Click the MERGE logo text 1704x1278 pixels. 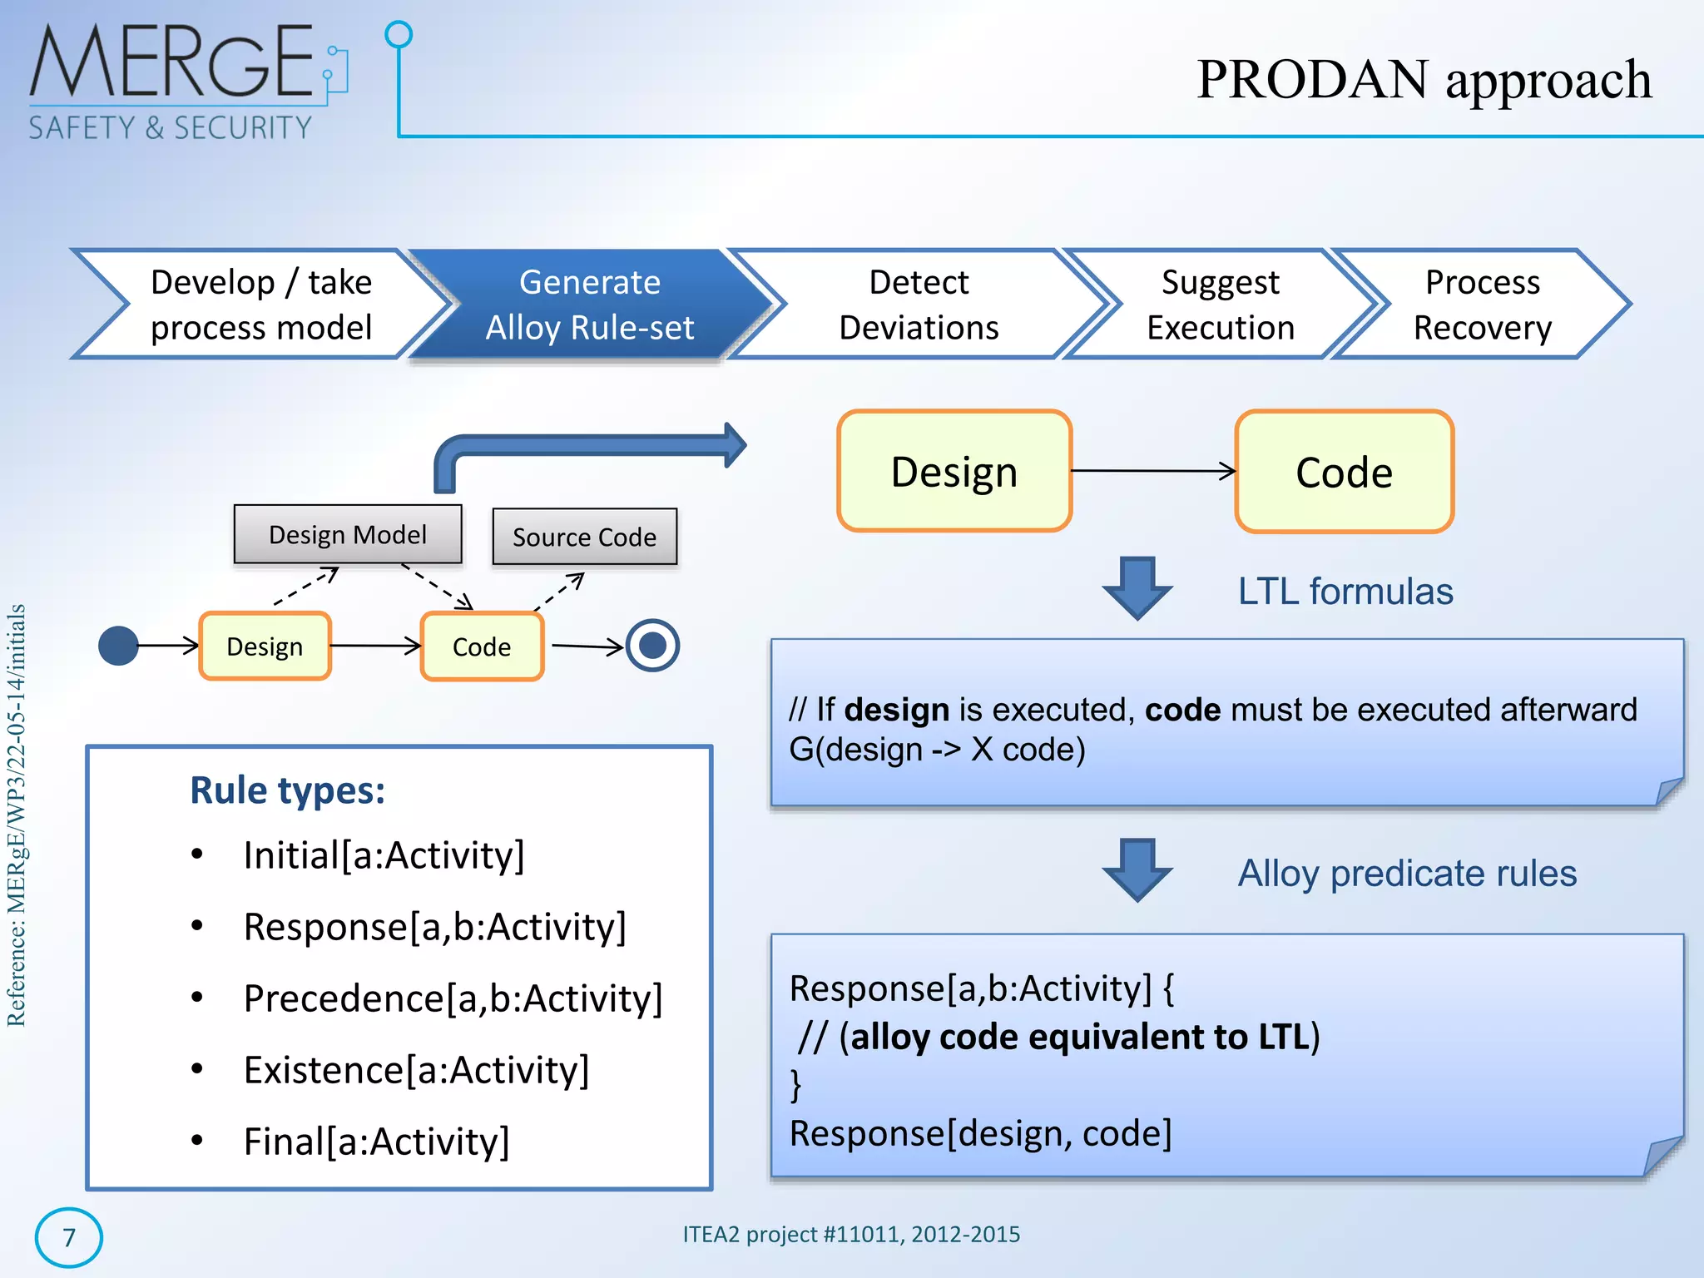coord(171,62)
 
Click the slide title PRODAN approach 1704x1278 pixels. coord(1424,80)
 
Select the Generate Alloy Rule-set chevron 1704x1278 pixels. coord(589,305)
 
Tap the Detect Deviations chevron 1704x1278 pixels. coord(919,305)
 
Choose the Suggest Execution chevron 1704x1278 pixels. coord(1220,305)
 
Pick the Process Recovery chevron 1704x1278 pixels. coord(1482,305)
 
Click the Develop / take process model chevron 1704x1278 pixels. coord(260,305)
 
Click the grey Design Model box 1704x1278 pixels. coord(348,534)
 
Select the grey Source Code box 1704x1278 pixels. coord(584,537)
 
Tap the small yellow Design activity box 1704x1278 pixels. coord(265,646)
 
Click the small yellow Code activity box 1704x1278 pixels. coord(482,646)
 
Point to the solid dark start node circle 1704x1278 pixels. coord(118,646)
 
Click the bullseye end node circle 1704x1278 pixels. coord(652,646)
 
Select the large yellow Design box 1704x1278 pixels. coord(954,472)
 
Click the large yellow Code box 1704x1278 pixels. coord(1344,472)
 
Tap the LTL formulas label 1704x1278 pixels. coord(1345,592)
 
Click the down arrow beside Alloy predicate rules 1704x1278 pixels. coord(1137,870)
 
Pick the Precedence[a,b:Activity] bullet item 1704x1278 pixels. coord(453,998)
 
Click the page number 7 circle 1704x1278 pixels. coord(69,1237)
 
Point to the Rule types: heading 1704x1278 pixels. coord(287,790)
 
